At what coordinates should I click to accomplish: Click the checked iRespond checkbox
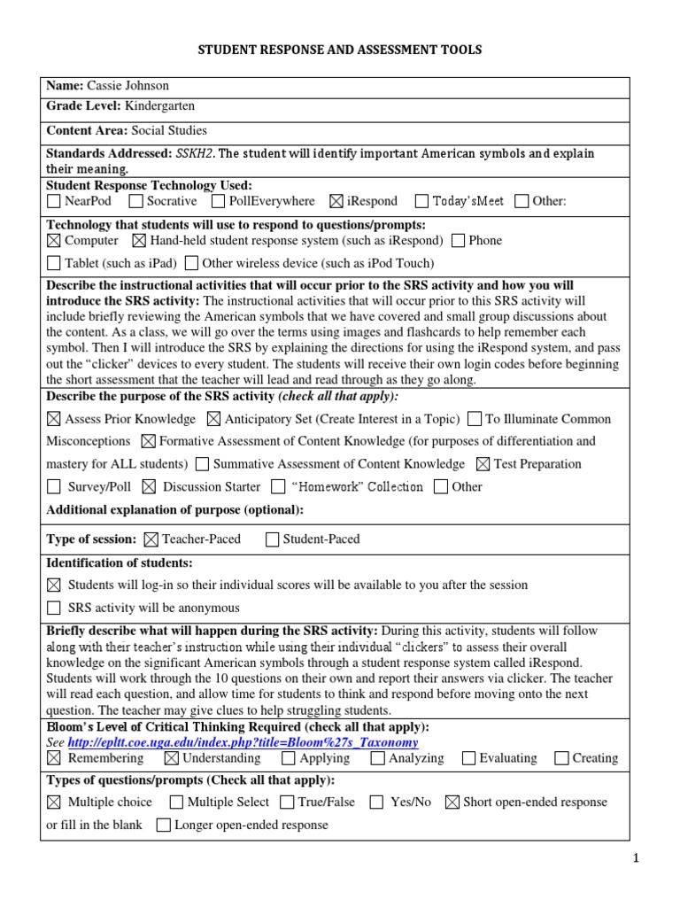(x=336, y=201)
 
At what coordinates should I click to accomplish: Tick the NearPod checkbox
(x=54, y=201)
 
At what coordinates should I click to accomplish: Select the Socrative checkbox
(x=136, y=201)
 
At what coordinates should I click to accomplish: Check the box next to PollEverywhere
(x=217, y=201)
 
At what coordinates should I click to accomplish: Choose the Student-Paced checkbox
(x=272, y=539)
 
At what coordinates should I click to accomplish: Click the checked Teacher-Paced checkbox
(x=151, y=539)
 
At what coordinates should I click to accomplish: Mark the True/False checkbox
(x=287, y=802)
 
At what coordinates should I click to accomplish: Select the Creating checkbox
(x=561, y=758)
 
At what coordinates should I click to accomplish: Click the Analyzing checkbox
(x=378, y=758)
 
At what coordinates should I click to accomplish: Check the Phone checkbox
(x=458, y=241)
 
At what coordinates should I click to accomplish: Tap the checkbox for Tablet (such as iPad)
(x=54, y=263)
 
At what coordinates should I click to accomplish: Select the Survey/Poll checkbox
(x=54, y=486)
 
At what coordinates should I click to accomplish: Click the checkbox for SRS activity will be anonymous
(x=54, y=608)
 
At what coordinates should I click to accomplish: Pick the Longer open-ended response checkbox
(x=163, y=826)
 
